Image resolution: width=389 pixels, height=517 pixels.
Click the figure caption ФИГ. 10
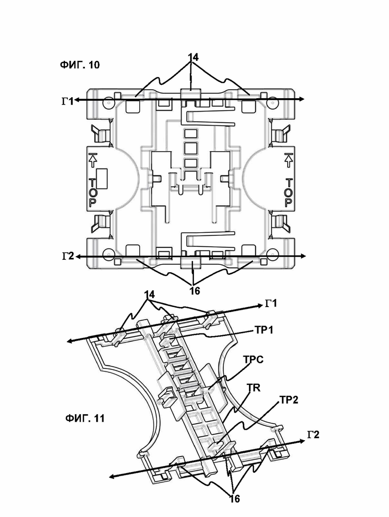[79, 64]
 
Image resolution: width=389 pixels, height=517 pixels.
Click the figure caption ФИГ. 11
[85, 418]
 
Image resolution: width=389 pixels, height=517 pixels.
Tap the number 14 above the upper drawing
[193, 57]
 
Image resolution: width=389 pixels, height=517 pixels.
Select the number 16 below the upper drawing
[194, 291]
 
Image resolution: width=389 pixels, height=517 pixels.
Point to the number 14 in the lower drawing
[149, 295]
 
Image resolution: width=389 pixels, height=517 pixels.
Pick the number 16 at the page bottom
[234, 508]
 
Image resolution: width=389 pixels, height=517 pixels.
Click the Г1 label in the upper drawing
[68, 101]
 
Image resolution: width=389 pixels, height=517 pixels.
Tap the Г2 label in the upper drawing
[68, 256]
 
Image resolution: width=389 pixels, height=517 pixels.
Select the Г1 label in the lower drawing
[271, 303]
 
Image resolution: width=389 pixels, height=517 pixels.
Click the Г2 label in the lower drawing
[313, 435]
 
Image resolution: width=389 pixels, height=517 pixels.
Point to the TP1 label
[264, 330]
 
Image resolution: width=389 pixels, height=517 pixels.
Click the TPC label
[253, 359]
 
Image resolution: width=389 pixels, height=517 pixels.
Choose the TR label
[254, 388]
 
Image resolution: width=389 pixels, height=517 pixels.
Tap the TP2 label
[289, 400]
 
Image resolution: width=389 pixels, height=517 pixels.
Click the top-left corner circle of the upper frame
[108, 102]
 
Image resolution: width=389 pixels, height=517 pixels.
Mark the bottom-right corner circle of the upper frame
[271, 253]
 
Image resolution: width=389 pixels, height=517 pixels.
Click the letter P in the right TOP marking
[289, 202]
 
